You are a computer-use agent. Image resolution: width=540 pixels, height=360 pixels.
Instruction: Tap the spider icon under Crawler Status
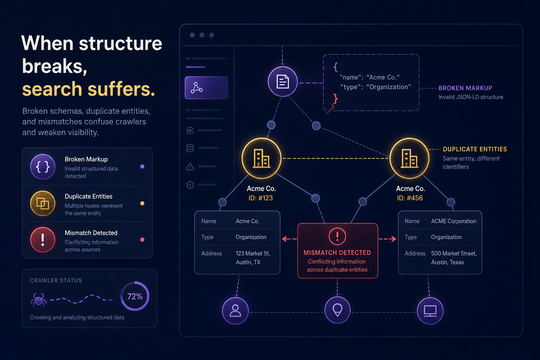point(39,300)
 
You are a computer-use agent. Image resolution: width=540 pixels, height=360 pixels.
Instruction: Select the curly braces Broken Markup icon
point(43,167)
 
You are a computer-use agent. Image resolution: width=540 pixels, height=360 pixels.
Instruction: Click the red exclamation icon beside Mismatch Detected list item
point(43,240)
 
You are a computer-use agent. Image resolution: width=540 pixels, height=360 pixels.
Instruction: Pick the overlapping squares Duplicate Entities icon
point(43,203)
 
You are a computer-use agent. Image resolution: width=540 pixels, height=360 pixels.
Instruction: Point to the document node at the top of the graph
point(283,82)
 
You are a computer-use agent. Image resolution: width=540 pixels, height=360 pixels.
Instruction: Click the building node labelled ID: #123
point(262,158)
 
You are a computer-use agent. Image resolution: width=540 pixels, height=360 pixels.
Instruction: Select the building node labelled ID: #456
point(409,158)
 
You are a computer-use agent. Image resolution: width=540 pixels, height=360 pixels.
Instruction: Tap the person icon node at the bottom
point(235,311)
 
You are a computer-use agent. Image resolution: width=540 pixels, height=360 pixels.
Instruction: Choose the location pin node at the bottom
point(337,310)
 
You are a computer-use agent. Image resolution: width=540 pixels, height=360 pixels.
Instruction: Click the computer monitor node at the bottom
point(430,311)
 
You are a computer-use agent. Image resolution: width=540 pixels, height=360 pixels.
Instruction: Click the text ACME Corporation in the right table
point(454,221)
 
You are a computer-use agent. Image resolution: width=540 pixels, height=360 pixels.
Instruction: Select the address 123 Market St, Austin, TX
point(253,258)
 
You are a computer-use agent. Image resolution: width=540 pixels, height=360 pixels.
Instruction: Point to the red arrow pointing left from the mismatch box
point(289,239)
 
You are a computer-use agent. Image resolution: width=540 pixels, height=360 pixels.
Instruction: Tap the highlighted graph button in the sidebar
point(206,88)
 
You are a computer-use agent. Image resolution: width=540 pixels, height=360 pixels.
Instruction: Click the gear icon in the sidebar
point(190,185)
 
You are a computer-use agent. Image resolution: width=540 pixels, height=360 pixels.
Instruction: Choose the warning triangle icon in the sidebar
point(190,166)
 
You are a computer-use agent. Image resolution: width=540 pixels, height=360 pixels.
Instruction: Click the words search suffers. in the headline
point(89,89)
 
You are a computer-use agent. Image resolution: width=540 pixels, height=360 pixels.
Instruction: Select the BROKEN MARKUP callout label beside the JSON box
point(465,88)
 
